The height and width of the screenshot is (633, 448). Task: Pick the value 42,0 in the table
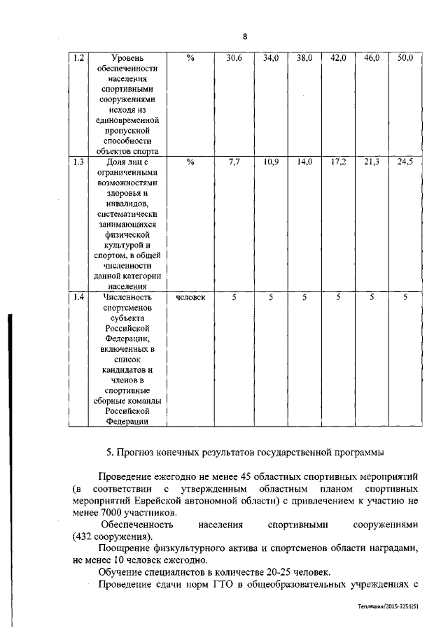point(338,59)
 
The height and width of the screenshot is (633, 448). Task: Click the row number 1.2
point(78,59)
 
